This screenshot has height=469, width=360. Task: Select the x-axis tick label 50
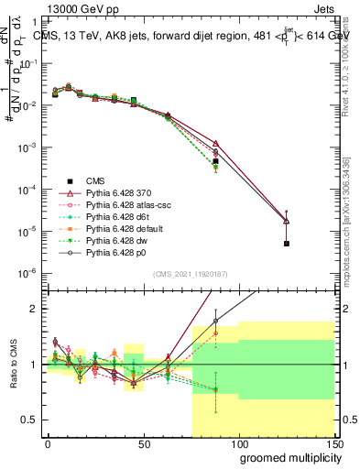click(x=143, y=444)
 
